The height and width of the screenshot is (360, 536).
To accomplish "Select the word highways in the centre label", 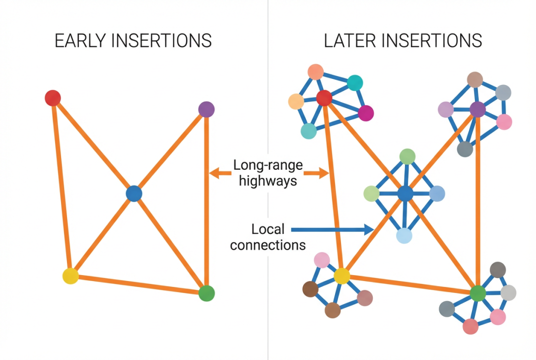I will click(x=268, y=180).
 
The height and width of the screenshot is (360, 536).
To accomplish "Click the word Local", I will click(x=268, y=229).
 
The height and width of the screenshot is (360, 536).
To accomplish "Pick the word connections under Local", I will click(x=268, y=245).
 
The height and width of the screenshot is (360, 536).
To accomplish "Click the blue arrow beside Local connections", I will click(x=333, y=229).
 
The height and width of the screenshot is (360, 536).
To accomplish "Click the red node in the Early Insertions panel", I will click(x=53, y=98).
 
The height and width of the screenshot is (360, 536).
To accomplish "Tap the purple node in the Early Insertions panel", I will click(x=206, y=109).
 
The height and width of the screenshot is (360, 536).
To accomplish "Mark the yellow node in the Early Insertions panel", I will click(x=70, y=276).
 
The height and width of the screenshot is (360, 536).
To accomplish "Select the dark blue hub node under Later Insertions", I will click(x=405, y=194).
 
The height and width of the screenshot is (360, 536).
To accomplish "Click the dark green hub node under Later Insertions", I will click(x=477, y=293).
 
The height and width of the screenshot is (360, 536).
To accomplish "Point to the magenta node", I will click(x=366, y=113).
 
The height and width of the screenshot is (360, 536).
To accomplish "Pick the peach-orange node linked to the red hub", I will click(x=296, y=101).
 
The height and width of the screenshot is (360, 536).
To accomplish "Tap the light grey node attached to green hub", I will click(x=508, y=293).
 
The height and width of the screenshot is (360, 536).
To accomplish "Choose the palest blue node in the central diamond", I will click(x=404, y=236).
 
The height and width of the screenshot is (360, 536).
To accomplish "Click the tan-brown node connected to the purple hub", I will click(x=475, y=79).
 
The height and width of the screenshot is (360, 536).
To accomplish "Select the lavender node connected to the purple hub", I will click(x=446, y=109).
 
